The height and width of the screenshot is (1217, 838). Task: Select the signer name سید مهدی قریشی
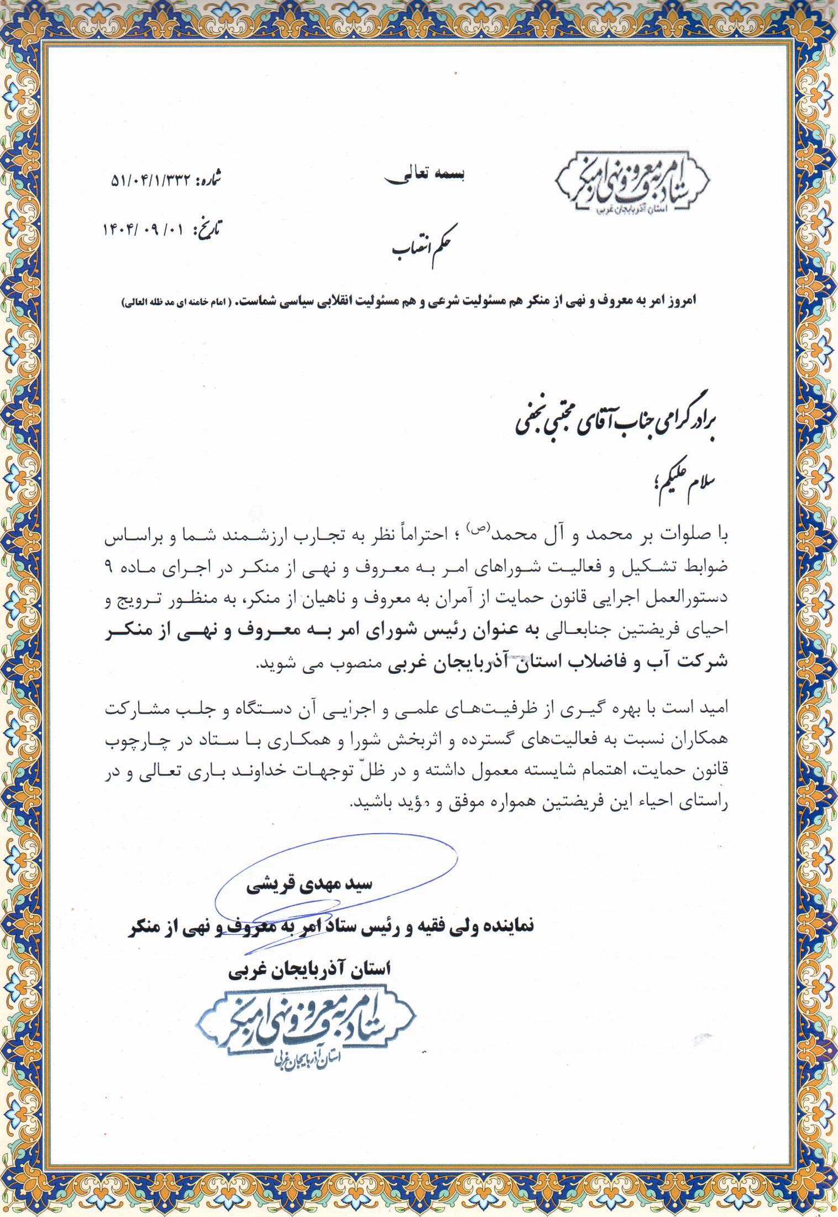[309, 886]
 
